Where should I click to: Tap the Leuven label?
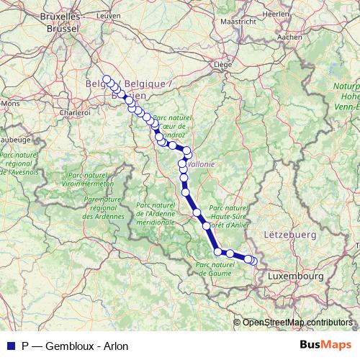pyautogui.click(x=107, y=14)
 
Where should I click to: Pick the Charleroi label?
pyautogui.click(x=75, y=113)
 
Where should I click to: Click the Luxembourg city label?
pyautogui.click(x=295, y=276)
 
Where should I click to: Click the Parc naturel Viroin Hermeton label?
pyautogui.click(x=91, y=179)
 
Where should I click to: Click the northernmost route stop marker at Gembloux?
pyautogui.click(x=107, y=79)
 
